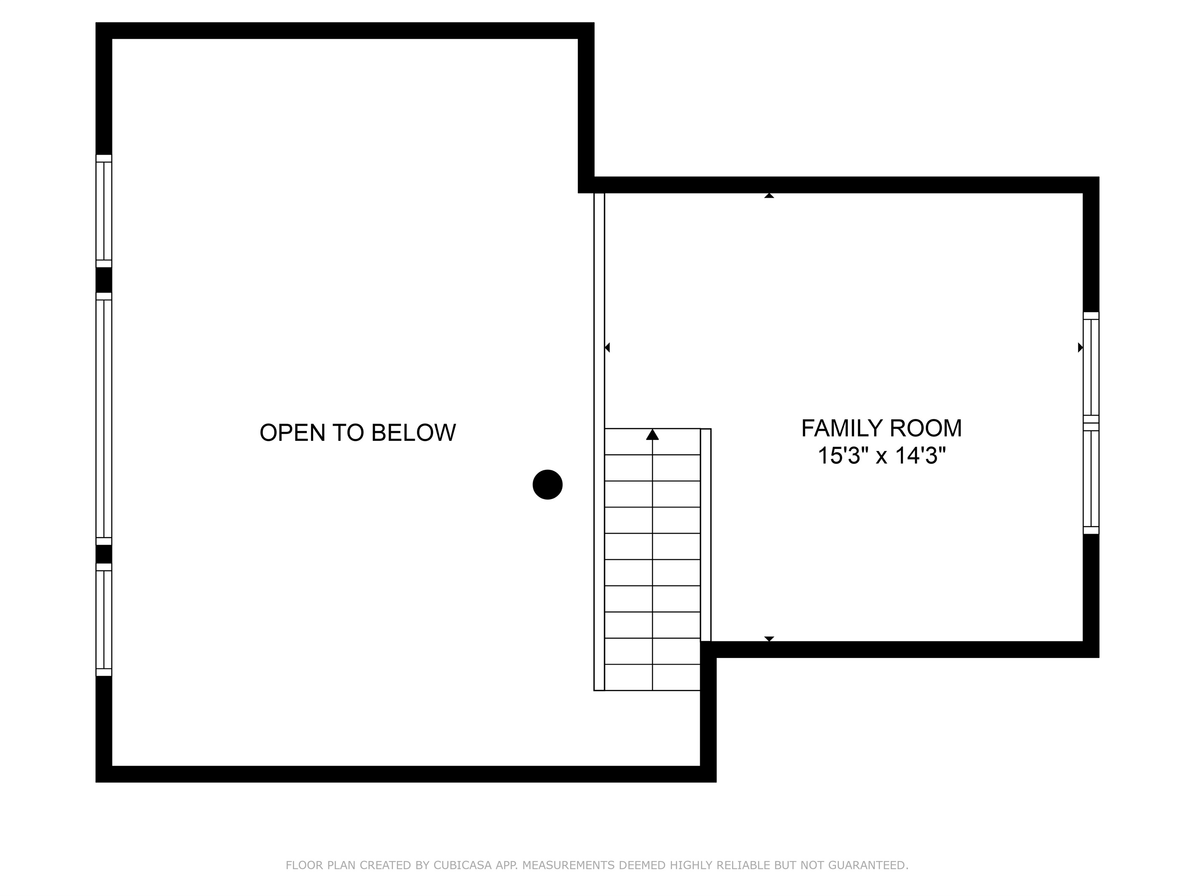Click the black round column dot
(547, 485)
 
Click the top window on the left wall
(104, 211)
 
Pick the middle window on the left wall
(104, 419)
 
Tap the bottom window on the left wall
(104, 620)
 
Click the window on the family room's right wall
(1091, 423)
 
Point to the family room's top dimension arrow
(769, 196)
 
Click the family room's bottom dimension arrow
(769, 639)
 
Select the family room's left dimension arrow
(607, 347)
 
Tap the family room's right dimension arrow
(1080, 347)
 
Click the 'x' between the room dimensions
(881, 456)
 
